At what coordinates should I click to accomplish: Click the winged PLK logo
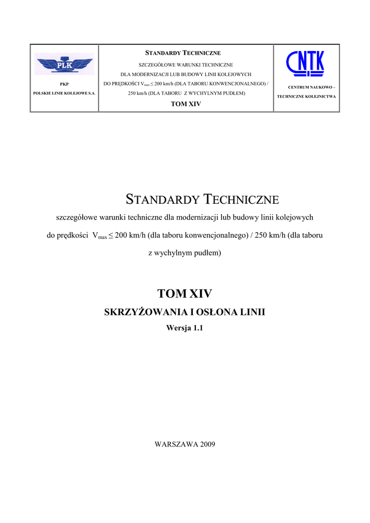coord(64,64)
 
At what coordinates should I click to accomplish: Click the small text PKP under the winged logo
coord(64,83)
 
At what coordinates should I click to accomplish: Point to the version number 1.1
coord(198,328)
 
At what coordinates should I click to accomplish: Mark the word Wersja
coord(179,328)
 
